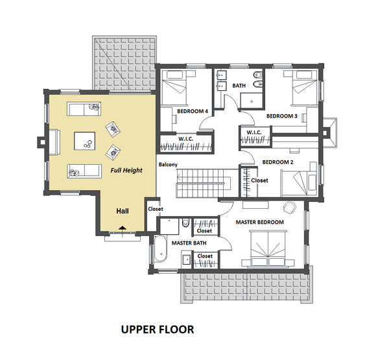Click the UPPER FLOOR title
coord(158,330)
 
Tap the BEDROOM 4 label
coord(193,111)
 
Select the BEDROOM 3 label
coord(282,116)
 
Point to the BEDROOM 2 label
coord(278,162)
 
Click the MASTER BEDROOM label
coord(260,222)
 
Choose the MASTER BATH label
coord(189,243)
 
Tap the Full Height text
coord(126,171)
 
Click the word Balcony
coord(168,165)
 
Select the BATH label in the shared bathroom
coord(239,86)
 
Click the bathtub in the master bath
coord(161,248)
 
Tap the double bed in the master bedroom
coord(268,249)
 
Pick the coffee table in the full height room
coord(84,141)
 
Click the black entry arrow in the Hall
coord(123,228)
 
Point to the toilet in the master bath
coord(185,222)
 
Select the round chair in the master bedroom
coord(290,207)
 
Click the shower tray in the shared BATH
coord(252,101)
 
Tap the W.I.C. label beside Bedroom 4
coord(185,139)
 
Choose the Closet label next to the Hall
coord(156,209)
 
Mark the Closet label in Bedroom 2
coord(259,180)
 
